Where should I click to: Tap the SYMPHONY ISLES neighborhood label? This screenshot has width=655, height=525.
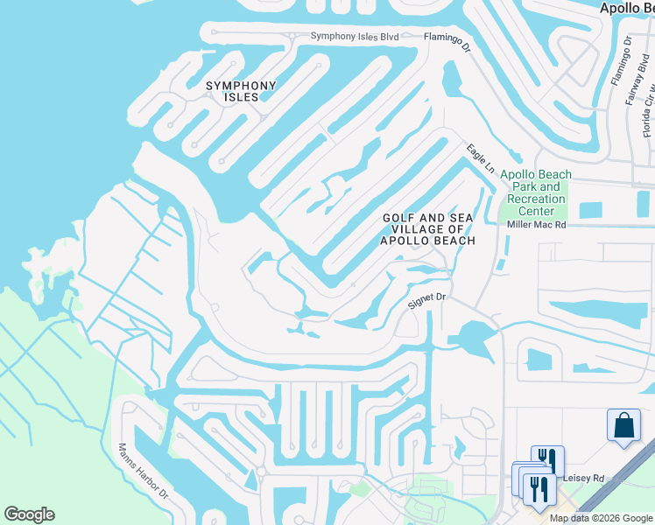(x=241, y=91)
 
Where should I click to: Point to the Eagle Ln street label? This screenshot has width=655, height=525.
(x=481, y=157)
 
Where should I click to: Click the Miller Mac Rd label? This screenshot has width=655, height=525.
(x=537, y=225)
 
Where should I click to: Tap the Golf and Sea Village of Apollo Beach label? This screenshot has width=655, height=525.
(x=427, y=229)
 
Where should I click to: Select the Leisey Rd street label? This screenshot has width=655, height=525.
(x=586, y=479)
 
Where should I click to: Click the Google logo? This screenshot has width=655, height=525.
(x=29, y=514)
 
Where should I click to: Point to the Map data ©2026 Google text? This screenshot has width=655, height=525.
(x=601, y=518)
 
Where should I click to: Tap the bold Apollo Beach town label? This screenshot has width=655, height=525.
(x=626, y=7)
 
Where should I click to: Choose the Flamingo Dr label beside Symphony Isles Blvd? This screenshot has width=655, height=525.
(x=447, y=41)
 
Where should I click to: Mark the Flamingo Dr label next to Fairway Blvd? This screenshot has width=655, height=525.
(x=616, y=62)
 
